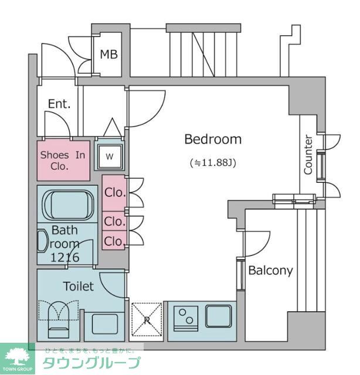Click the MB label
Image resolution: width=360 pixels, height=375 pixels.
pos(108,54)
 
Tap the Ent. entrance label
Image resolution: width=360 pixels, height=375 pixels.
pos(59,104)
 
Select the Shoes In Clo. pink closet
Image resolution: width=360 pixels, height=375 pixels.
pos(63,160)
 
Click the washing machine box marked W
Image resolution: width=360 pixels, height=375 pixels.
pos(110,156)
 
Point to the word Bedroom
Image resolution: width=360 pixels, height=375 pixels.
pos(213,139)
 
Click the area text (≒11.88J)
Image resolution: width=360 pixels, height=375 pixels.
pos(212,162)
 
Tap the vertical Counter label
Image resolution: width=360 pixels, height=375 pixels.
pos(308,155)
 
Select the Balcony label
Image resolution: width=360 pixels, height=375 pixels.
pos(270,271)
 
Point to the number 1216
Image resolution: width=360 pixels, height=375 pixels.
pos(64,257)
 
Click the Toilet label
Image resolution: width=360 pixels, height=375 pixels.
pos(78,287)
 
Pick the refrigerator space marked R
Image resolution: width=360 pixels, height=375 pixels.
pos(145,320)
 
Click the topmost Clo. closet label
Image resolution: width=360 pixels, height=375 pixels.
pos(114,192)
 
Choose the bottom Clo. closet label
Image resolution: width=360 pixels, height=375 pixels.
pos(114,240)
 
